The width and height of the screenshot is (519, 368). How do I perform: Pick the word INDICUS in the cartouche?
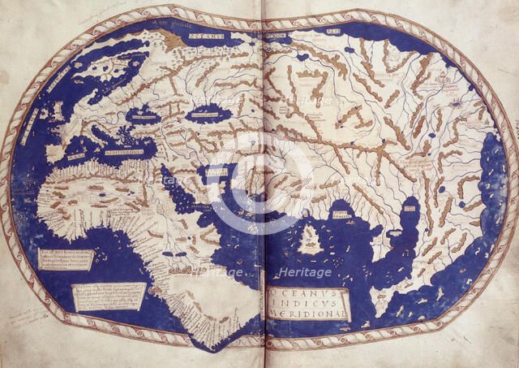click(305, 299)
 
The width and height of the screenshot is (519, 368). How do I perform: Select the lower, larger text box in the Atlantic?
click(109, 295)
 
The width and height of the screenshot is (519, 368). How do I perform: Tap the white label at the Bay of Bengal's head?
click(345, 213)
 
